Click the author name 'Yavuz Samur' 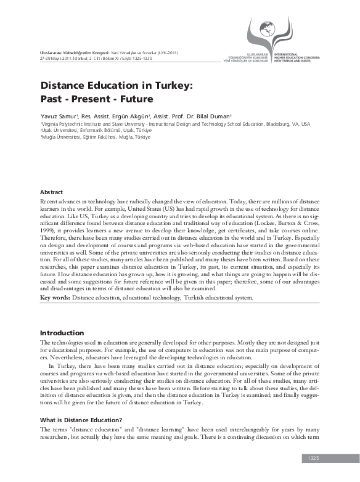click(x=57, y=116)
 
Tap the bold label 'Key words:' click(x=55, y=298)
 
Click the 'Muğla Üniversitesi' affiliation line click(x=62, y=137)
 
